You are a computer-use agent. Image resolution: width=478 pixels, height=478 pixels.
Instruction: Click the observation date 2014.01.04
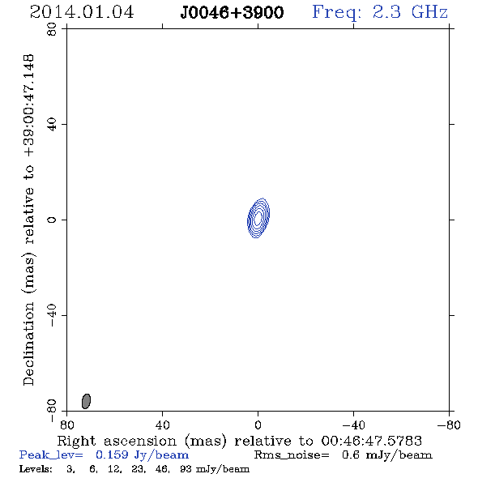[82, 12]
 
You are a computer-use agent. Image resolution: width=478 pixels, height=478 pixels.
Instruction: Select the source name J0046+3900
[232, 13]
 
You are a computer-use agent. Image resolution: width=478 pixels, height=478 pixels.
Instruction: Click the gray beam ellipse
[86, 401]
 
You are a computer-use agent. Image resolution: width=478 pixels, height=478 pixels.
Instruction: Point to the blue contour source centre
[258, 218]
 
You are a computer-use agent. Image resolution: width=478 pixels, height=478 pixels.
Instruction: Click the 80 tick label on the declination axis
[52, 29]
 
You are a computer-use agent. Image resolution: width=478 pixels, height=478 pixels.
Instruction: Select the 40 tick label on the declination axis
[52, 125]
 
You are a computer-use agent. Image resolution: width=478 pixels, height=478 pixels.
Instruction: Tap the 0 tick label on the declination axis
[52, 220]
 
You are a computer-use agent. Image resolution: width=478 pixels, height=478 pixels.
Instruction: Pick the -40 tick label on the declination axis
[52, 315]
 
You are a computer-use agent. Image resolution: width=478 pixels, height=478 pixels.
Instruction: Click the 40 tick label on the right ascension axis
[163, 425]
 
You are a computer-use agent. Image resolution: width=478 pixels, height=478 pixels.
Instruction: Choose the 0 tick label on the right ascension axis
[258, 425]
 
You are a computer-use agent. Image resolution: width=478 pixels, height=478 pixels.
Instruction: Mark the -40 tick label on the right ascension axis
[353, 425]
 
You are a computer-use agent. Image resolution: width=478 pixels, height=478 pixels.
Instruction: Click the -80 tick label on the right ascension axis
[449, 425]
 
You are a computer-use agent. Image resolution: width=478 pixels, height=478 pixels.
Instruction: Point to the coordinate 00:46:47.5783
[372, 441]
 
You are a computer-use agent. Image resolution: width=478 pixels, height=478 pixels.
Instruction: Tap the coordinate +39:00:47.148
[29, 106]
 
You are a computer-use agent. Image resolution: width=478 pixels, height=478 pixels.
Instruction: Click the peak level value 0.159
[112, 455]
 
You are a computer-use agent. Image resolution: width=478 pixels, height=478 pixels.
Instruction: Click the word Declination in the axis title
[28, 344]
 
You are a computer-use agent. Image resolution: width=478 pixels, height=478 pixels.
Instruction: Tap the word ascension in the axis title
[140, 441]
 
